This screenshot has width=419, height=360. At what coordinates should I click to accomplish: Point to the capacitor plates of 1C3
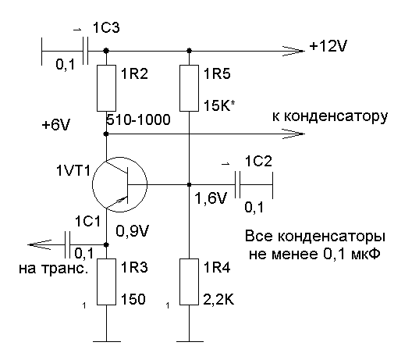point(85,51)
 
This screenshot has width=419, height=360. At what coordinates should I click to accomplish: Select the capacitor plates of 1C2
point(237,184)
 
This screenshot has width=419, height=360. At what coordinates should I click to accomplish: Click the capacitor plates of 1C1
point(68,244)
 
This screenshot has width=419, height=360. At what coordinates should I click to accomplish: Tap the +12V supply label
point(328,46)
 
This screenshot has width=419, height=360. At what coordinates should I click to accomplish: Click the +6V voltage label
point(56,125)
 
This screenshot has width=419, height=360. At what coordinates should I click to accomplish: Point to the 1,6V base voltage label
point(211,198)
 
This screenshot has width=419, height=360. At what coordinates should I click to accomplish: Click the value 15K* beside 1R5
point(219,105)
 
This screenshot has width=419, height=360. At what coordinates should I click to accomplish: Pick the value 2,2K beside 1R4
point(218,300)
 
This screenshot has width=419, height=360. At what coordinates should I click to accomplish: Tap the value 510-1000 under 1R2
point(138,119)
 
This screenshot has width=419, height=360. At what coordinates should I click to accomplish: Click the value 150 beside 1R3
point(133,299)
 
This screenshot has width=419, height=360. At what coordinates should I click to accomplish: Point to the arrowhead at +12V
point(293,51)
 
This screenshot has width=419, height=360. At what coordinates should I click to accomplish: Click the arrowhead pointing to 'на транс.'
point(39,244)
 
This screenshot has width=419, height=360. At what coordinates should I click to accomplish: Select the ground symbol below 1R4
point(190,341)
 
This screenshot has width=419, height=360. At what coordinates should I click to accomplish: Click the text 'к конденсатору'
point(330,117)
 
